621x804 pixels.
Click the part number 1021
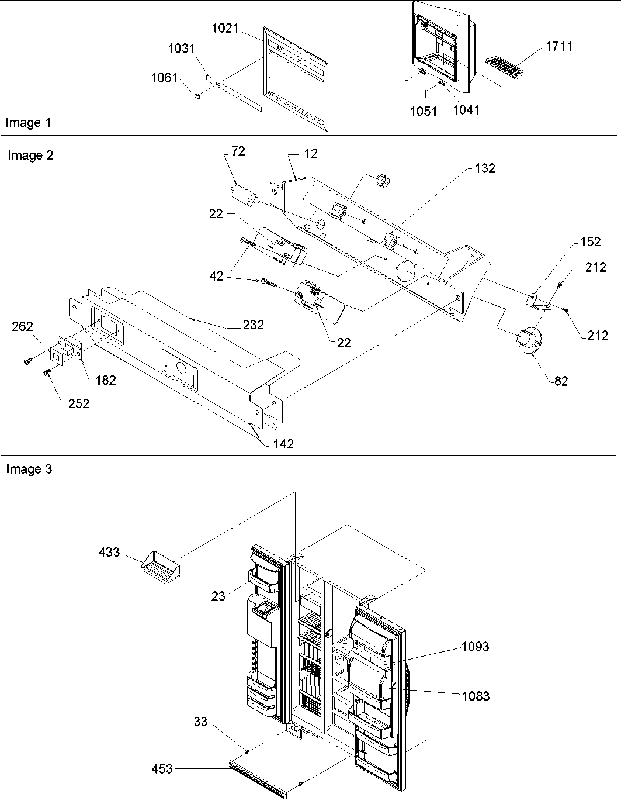point(225,27)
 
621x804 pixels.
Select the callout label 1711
point(559,46)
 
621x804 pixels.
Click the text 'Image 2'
point(30,156)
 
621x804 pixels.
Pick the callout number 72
point(238,151)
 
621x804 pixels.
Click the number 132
point(484,168)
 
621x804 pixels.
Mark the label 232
point(253,325)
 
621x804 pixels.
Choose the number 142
point(283,444)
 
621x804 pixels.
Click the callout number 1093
point(475,647)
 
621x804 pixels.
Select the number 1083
point(475,696)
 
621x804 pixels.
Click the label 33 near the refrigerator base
point(200,723)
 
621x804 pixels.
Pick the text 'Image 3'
point(29,469)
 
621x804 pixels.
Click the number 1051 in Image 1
point(423,111)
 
